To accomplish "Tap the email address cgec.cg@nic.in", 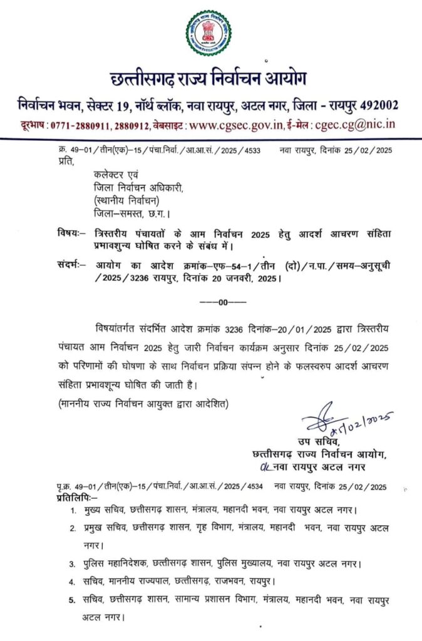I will click(x=356, y=125).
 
